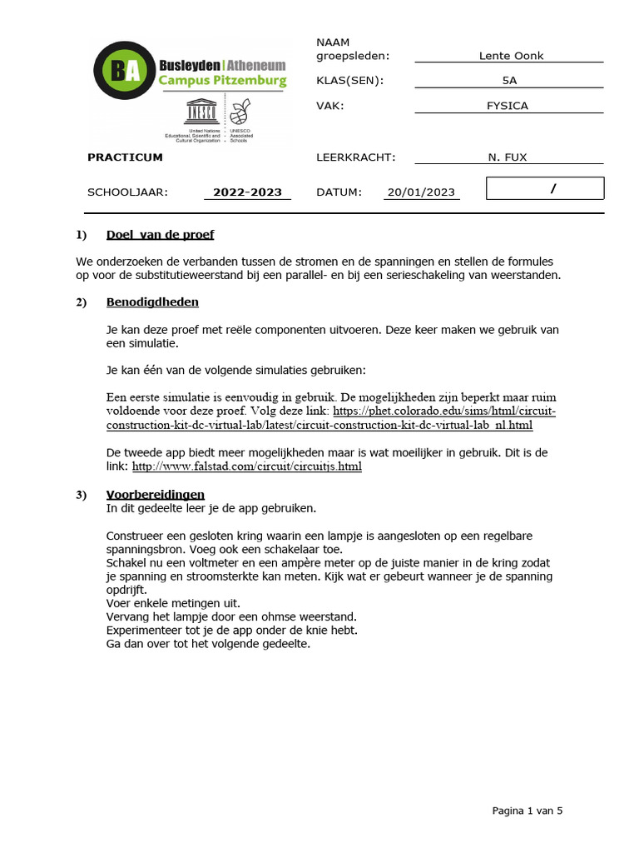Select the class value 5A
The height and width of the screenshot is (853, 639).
tap(508, 81)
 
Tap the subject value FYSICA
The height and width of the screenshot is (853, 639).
tap(508, 106)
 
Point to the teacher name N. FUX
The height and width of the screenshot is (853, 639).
tap(508, 157)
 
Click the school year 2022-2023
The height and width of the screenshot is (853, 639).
tap(247, 192)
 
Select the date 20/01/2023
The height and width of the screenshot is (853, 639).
tap(421, 192)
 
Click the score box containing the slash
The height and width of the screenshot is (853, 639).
tap(545, 189)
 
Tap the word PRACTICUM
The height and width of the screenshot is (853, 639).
tap(126, 157)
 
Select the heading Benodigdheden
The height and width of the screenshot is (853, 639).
tap(152, 302)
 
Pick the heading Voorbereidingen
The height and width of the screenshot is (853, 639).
tap(156, 495)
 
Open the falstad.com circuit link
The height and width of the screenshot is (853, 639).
tap(247, 466)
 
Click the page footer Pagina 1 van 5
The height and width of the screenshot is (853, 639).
tap(527, 810)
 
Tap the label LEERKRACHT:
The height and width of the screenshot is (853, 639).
tap(356, 157)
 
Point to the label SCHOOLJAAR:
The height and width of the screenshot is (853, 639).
tap(127, 192)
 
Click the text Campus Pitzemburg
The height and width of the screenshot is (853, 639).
tap(222, 81)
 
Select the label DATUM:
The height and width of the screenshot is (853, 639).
tap(339, 192)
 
